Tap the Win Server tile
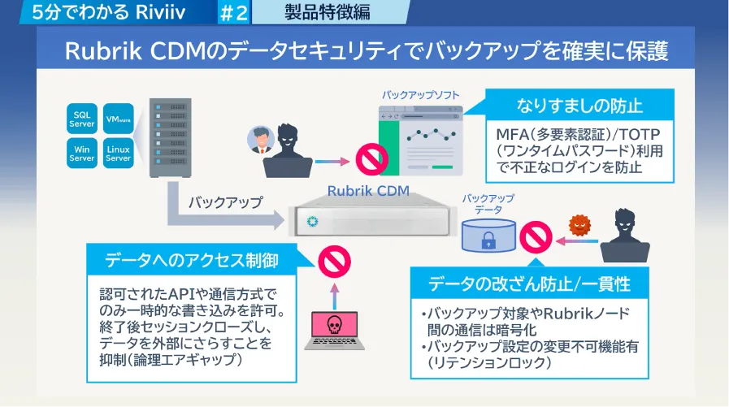(81, 154)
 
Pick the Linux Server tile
(118, 154)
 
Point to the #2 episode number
(232, 12)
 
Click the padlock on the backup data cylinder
(489, 240)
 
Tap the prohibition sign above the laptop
(333, 262)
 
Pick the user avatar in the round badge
(260, 140)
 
